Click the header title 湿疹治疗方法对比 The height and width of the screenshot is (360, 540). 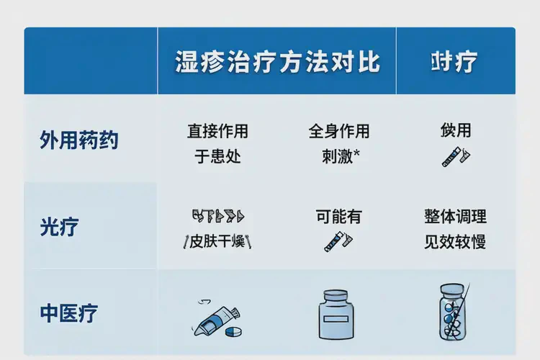click(x=277, y=62)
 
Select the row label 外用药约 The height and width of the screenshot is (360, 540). click(x=79, y=140)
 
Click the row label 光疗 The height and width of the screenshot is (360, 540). click(x=59, y=227)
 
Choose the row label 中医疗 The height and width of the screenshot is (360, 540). click(x=69, y=313)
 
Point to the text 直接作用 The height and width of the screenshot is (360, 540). click(x=217, y=131)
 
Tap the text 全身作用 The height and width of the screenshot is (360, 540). click(x=338, y=131)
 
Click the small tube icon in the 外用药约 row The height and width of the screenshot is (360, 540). click(x=456, y=156)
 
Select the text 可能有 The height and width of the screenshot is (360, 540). click(x=338, y=216)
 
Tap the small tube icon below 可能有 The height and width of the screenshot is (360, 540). click(x=338, y=240)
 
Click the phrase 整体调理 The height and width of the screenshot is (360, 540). click(x=456, y=216)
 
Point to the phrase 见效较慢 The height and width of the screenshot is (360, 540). click(x=456, y=241)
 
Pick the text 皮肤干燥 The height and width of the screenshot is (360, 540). click(x=217, y=241)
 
